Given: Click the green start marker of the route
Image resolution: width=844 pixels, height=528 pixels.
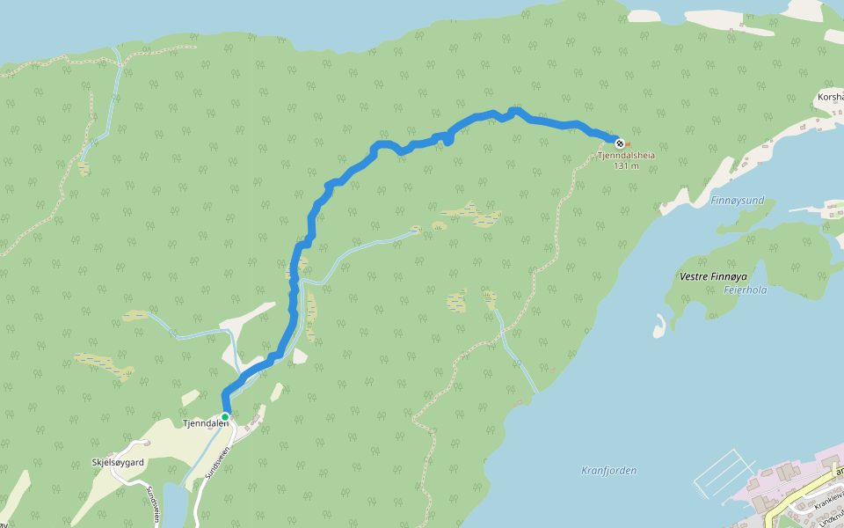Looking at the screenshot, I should click(225, 416).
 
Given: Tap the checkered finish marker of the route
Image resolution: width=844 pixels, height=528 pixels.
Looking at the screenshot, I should click(620, 143).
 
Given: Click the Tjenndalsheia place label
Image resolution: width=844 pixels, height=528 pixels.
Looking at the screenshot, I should click(626, 156).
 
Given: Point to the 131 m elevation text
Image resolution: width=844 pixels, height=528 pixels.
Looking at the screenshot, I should click(626, 165).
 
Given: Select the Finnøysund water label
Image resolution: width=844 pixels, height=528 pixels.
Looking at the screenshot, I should click(737, 201).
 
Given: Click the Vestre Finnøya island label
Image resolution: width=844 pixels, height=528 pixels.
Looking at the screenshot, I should click(712, 276).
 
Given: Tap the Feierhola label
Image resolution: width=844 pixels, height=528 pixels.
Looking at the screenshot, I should click(746, 290).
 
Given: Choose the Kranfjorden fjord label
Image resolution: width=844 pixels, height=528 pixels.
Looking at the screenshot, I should click(608, 471).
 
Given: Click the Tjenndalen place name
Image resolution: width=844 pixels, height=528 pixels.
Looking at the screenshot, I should click(205, 423).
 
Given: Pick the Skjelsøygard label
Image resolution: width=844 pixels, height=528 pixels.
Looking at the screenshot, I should click(118, 461).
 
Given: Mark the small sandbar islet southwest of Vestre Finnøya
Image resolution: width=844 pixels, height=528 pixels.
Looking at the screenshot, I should click(658, 326).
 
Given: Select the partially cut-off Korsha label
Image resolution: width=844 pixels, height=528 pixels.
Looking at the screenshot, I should click(830, 97).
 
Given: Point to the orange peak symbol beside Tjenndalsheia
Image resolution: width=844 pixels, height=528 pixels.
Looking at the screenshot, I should click(628, 144).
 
